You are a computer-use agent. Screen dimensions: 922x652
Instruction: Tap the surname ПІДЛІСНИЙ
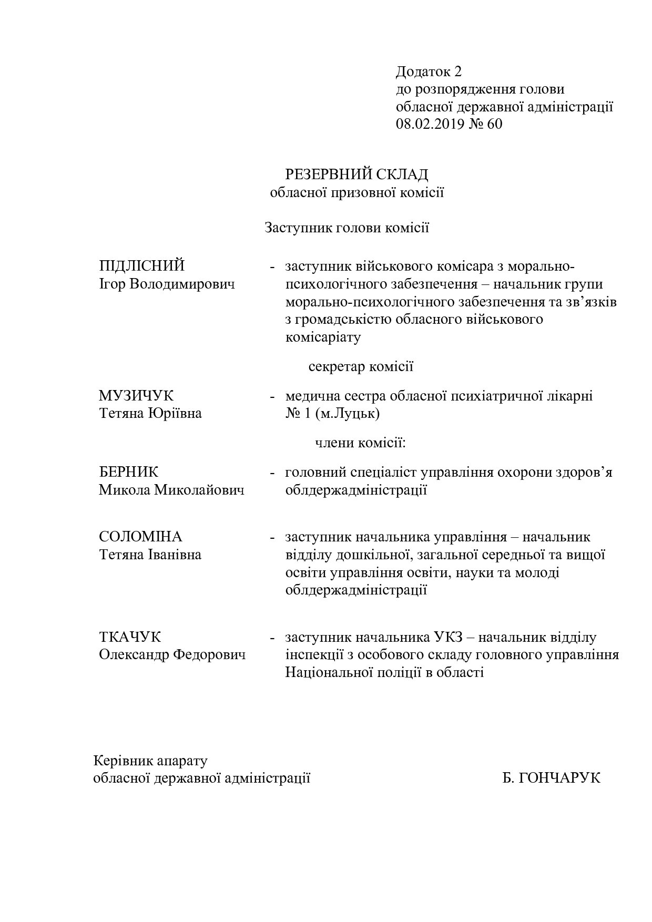(142, 266)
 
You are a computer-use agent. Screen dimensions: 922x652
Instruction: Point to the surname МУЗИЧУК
(136, 396)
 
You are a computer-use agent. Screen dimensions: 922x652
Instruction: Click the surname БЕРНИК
(129, 472)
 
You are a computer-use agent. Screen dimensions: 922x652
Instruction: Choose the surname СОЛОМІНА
(140, 537)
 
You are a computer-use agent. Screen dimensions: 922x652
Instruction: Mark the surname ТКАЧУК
(130, 637)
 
